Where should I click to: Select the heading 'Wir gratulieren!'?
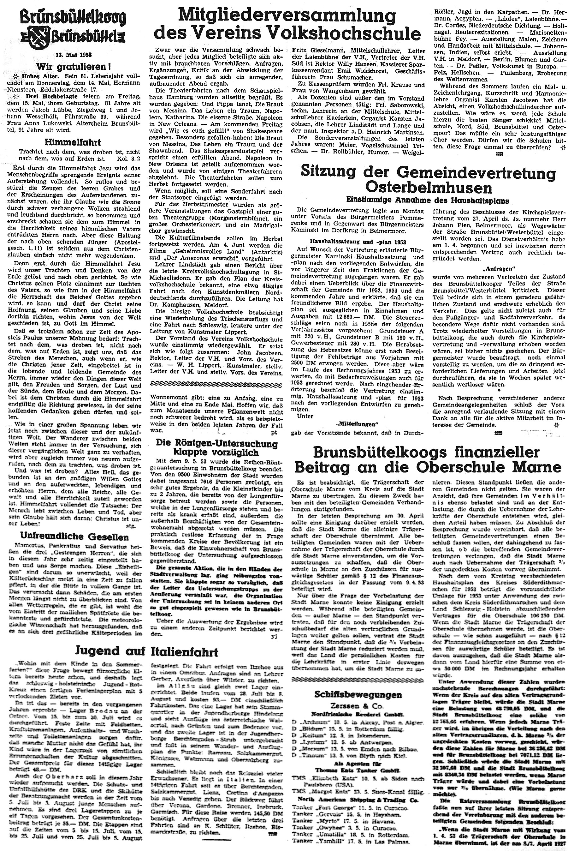(x=74, y=67)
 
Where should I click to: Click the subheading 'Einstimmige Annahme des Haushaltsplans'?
(x=428, y=201)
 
